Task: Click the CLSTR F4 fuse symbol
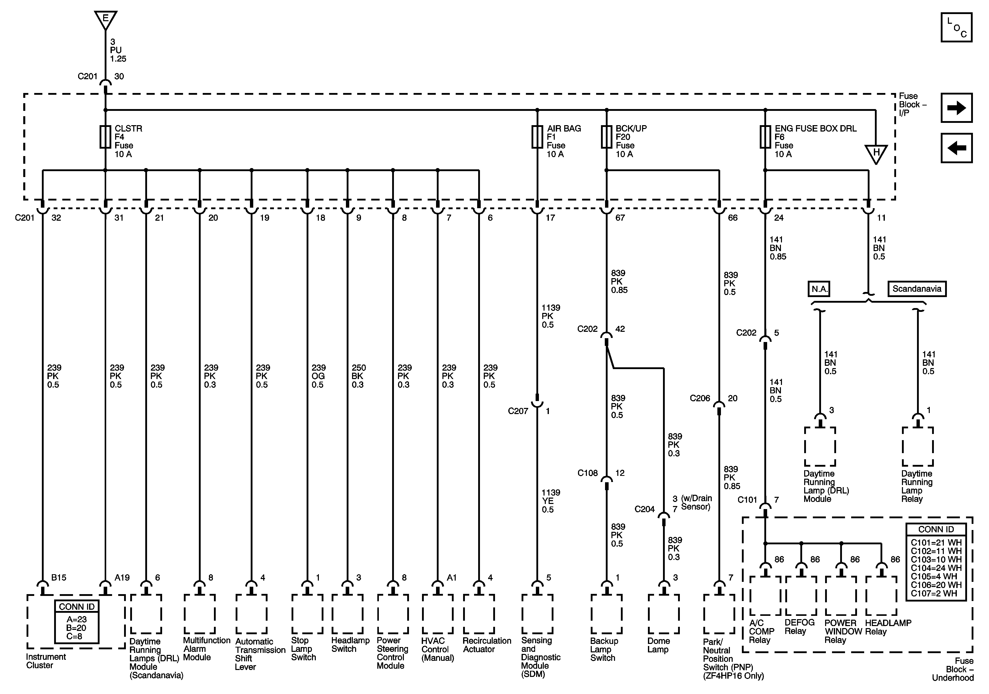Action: [105, 137]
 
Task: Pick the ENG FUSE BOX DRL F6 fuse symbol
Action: [765, 137]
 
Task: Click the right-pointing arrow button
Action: [956, 108]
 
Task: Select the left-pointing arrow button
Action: [956, 148]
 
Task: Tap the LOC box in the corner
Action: [956, 27]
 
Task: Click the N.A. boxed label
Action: [818, 289]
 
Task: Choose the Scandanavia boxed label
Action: [917, 289]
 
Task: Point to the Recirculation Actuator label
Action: [487, 645]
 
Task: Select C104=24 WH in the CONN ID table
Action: [936, 568]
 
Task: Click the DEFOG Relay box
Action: [801, 595]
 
